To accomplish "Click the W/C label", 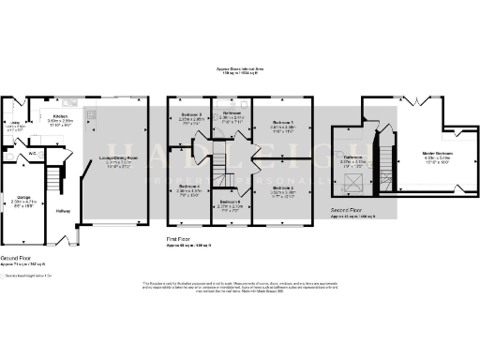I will [32, 153].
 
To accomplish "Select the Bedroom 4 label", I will [191, 187].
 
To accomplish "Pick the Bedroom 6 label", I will [232, 202].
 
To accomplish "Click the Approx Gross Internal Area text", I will [240, 68].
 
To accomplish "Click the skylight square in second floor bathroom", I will [352, 178].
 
